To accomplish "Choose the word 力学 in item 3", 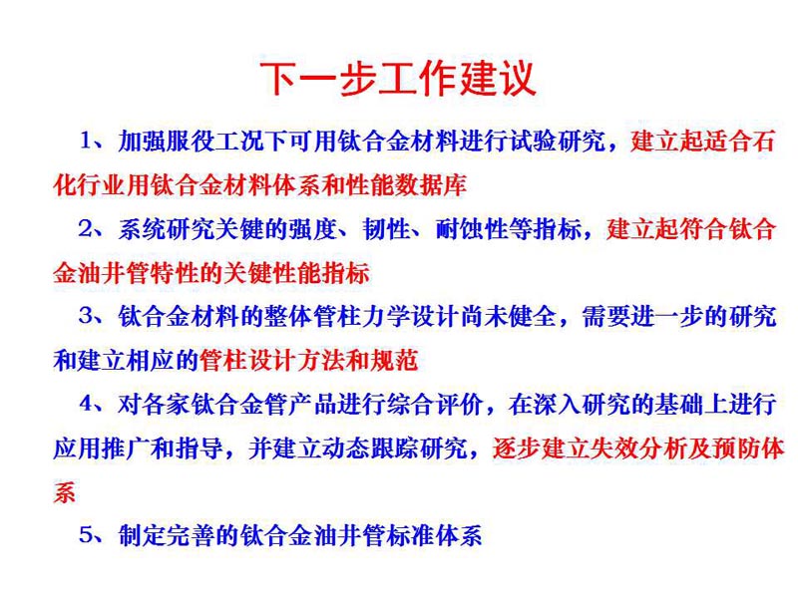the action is tap(387, 316).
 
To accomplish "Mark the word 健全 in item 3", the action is tap(534, 316).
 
